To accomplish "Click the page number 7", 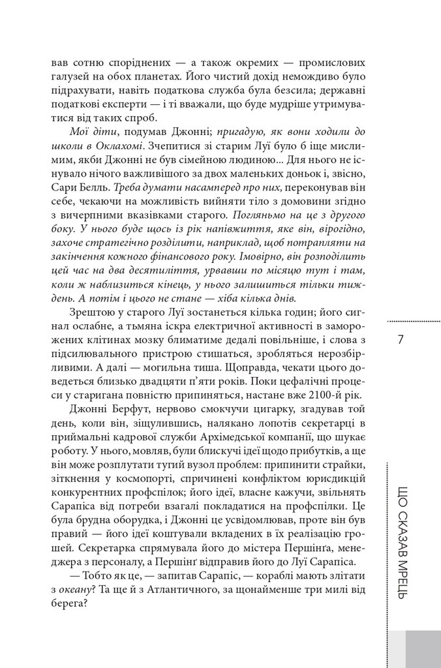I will (400, 341).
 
